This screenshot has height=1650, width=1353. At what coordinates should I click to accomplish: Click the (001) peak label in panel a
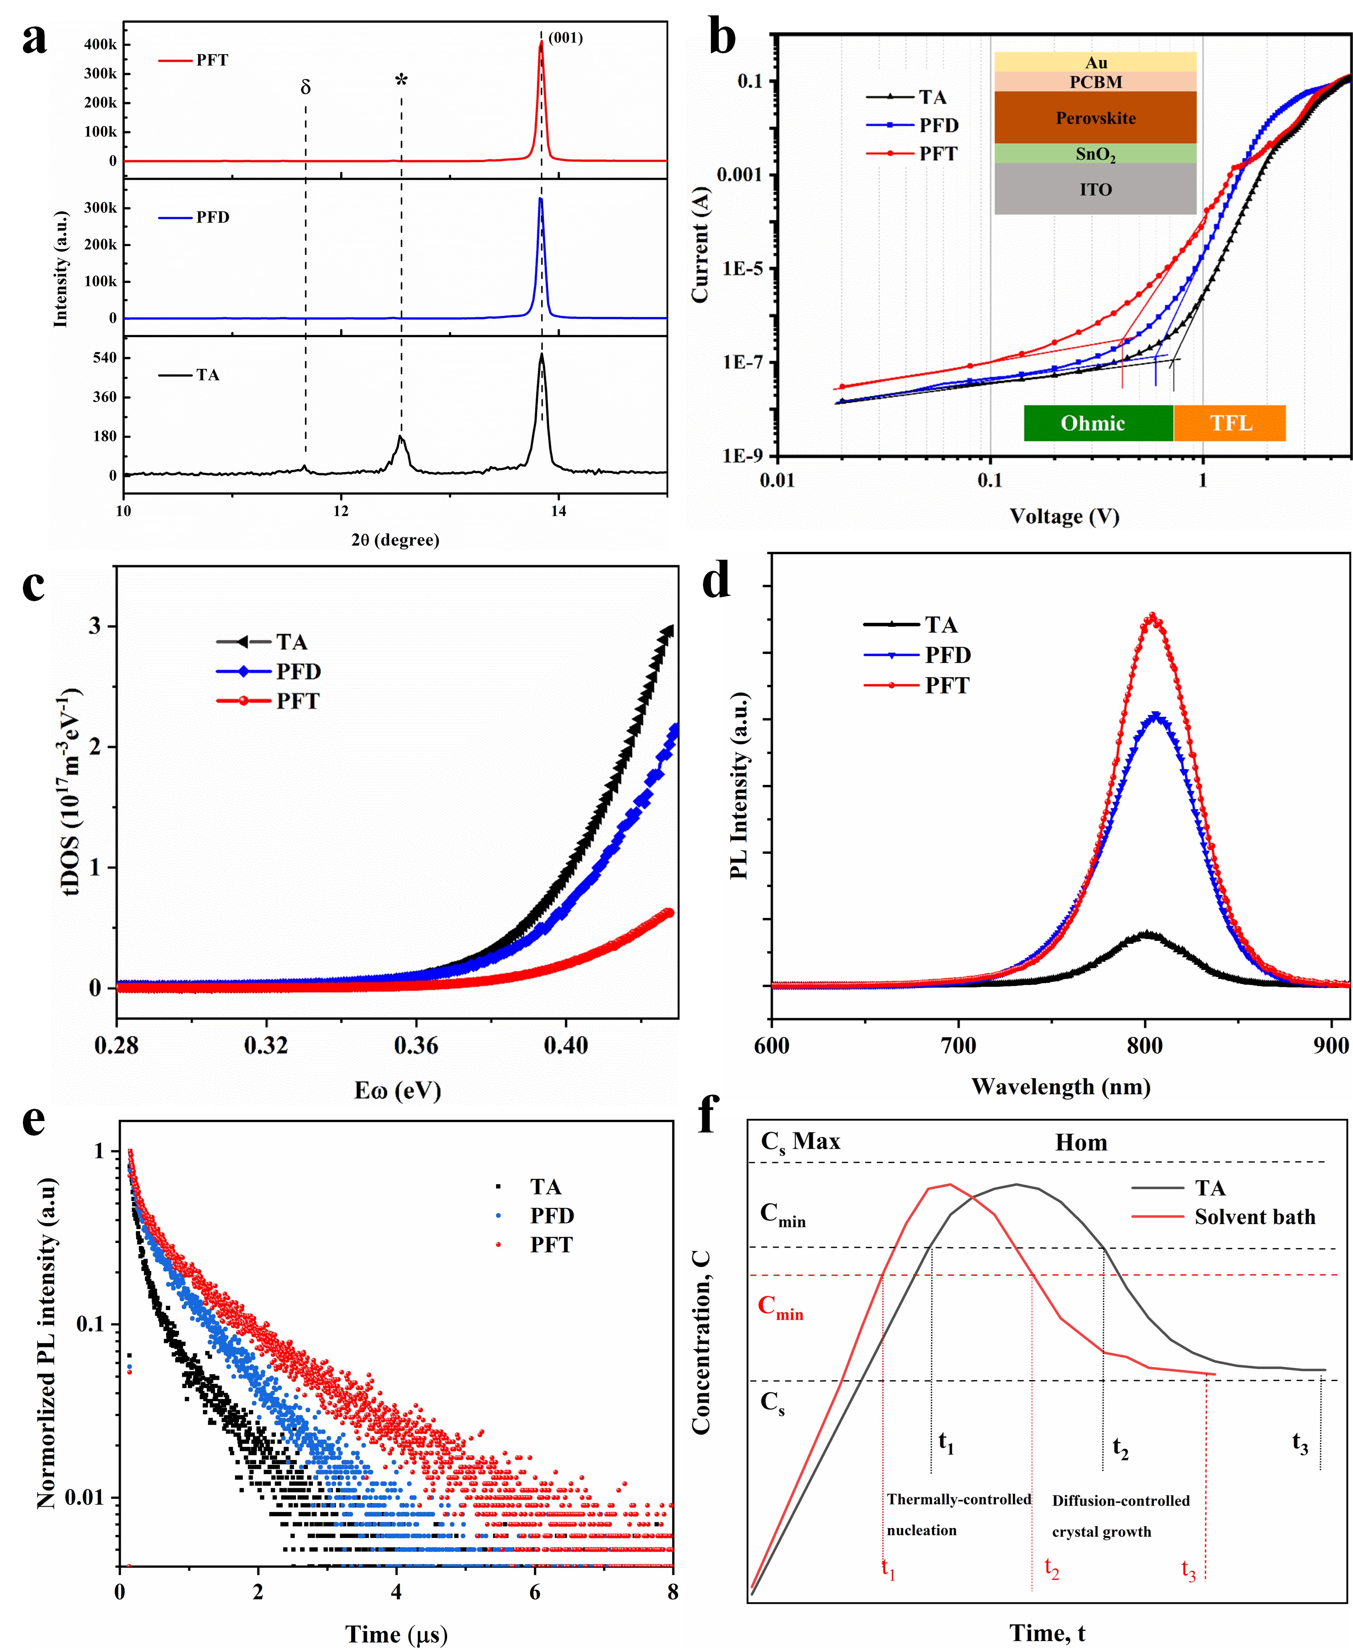pyautogui.click(x=565, y=38)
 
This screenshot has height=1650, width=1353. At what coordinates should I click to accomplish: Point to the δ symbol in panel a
pyautogui.click(x=305, y=87)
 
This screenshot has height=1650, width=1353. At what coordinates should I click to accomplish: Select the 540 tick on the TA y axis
pyautogui.click(x=105, y=358)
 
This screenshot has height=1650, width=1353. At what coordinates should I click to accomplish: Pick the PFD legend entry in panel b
pyautogui.click(x=938, y=125)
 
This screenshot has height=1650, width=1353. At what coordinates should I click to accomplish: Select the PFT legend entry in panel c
pyautogui.click(x=297, y=701)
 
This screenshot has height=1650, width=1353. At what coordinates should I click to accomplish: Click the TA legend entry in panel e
pyautogui.click(x=545, y=1187)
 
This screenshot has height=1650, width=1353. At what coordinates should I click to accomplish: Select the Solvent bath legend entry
pyautogui.click(x=1254, y=1217)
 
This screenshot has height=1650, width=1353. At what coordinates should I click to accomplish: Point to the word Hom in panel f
pyautogui.click(x=1081, y=1143)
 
